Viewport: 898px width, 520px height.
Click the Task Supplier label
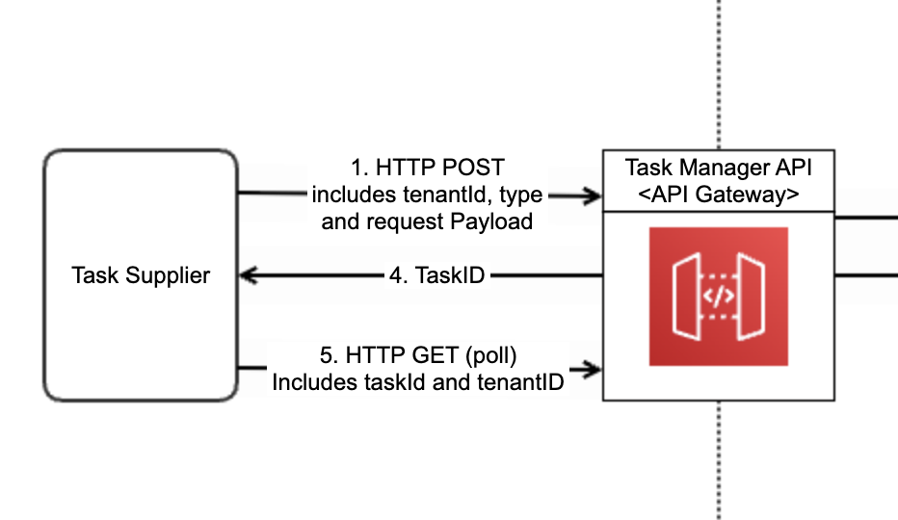pyautogui.click(x=141, y=275)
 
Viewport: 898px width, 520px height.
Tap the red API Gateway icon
pyautogui.click(x=718, y=297)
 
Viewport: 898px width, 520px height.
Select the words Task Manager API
pyautogui.click(x=718, y=168)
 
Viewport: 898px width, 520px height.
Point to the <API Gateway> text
pyautogui.click(x=718, y=195)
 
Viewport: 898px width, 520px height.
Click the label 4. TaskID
pyautogui.click(x=437, y=275)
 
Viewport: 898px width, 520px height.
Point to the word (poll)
pyautogui.click(x=490, y=355)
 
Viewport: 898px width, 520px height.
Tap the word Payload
pyautogui.click(x=491, y=222)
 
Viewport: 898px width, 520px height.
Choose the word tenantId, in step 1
pyautogui.click(x=447, y=195)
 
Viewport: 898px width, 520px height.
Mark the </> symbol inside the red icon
pyautogui.click(x=718, y=296)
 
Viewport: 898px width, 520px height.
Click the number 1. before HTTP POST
pyautogui.click(x=359, y=168)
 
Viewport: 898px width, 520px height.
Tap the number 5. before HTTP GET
pyautogui.click(x=330, y=355)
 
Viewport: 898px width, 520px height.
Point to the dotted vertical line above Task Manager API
pyautogui.click(x=719, y=75)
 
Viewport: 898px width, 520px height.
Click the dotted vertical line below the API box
pyautogui.click(x=719, y=460)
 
